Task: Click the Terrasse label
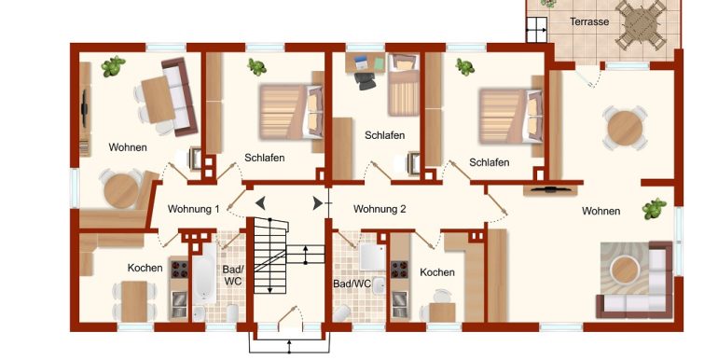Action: pyautogui.click(x=589, y=21)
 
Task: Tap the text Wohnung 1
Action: pyautogui.click(x=193, y=209)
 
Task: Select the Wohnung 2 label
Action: pyautogui.click(x=380, y=209)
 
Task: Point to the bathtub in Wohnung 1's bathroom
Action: pyautogui.click(x=204, y=273)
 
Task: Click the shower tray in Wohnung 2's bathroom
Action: pyautogui.click(x=372, y=257)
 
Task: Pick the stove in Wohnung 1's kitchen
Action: pyautogui.click(x=179, y=270)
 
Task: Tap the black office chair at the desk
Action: pyautogui.click(x=365, y=80)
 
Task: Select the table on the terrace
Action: pyautogui.click(x=641, y=24)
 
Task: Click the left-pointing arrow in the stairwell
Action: pyautogui.click(x=260, y=203)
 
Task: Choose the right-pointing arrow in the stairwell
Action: pyautogui.click(x=317, y=203)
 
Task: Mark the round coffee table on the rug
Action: pyautogui.click(x=625, y=270)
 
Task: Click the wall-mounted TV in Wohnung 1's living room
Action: pyautogui.click(x=84, y=109)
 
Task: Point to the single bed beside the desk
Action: pyautogui.click(x=404, y=85)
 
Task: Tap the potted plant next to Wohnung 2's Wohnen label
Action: pyautogui.click(x=654, y=209)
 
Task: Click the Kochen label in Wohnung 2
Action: pyautogui.click(x=437, y=272)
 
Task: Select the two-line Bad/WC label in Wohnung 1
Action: pyautogui.click(x=232, y=275)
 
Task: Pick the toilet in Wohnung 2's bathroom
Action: pyautogui.click(x=342, y=313)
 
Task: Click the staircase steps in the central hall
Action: pyautogui.click(x=270, y=256)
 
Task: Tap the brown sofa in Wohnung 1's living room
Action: pyautogui.click(x=179, y=97)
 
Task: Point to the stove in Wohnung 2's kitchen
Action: pyautogui.click(x=399, y=270)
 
